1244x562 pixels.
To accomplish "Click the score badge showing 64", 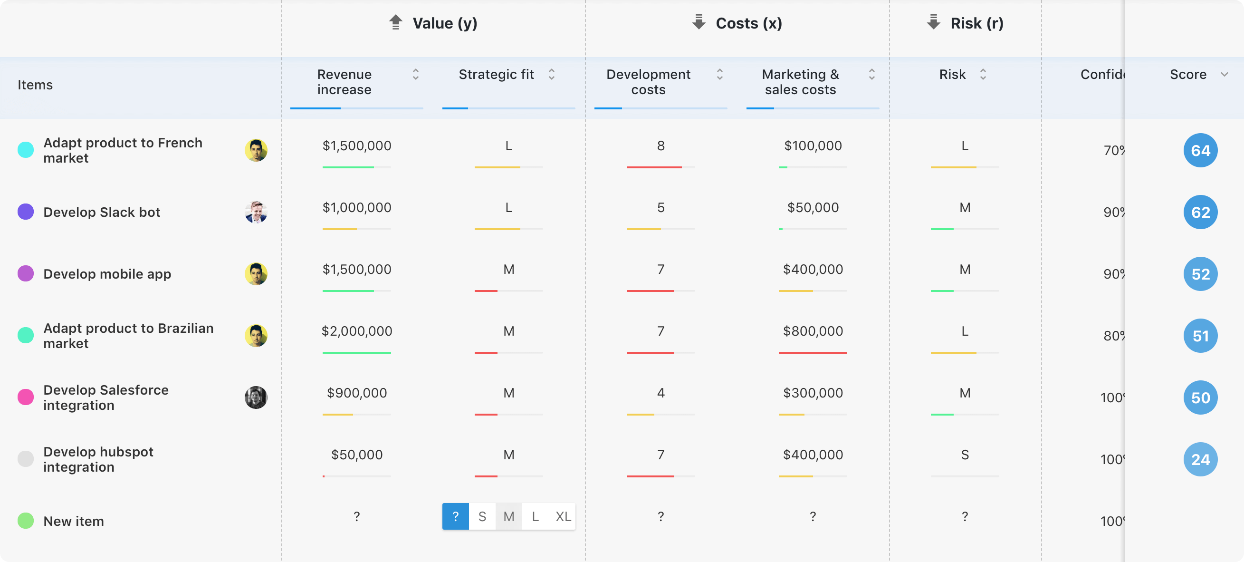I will [x=1200, y=150].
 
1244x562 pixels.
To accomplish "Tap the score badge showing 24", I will [x=1200, y=459].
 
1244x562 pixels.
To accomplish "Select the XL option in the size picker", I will [x=563, y=516].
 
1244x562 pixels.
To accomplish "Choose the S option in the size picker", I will [x=482, y=516].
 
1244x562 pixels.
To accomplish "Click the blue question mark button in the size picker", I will [x=455, y=516].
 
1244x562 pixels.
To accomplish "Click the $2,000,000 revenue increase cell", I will [x=357, y=331].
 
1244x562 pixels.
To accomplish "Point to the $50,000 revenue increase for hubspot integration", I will [x=357, y=455].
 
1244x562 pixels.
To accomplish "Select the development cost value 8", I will [x=660, y=145].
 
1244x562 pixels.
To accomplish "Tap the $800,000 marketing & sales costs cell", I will [x=813, y=331].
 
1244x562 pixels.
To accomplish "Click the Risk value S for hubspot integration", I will [x=965, y=455].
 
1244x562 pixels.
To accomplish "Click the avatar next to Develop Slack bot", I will [x=256, y=212].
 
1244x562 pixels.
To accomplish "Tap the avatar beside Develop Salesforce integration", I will [x=256, y=397].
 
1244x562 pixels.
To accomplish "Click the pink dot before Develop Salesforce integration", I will [x=26, y=397].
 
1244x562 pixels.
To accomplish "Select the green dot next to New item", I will [x=26, y=521].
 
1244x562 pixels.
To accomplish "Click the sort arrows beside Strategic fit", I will [x=552, y=75].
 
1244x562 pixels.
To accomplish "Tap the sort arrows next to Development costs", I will [x=719, y=75].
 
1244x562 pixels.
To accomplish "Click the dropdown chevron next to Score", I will [x=1224, y=75].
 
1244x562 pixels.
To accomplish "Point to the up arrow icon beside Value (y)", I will [x=395, y=22].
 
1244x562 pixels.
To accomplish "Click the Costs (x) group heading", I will [x=748, y=23].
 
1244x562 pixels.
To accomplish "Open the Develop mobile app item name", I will [x=107, y=274].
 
